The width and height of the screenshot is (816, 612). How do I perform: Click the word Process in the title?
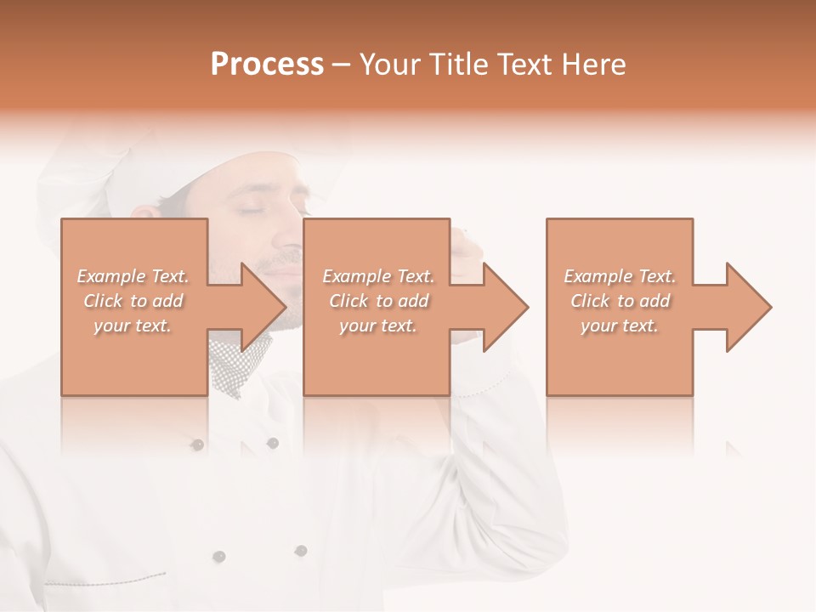point(267,65)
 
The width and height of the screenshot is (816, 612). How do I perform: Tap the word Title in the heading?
point(457,65)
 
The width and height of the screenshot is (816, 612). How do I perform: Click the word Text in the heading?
point(524,65)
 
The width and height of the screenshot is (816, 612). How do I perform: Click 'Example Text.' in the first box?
point(133,276)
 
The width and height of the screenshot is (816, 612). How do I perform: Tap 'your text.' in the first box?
point(133,326)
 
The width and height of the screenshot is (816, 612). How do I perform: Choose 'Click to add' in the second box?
point(378,301)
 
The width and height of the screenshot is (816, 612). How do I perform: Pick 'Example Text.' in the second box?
point(378,276)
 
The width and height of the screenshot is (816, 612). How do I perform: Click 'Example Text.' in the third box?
point(620,276)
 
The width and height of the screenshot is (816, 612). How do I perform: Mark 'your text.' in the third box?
point(620,326)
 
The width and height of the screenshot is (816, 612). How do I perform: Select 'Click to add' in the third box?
point(620,301)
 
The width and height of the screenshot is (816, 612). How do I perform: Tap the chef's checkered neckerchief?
point(238,365)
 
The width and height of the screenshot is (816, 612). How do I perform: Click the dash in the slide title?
point(342,65)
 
